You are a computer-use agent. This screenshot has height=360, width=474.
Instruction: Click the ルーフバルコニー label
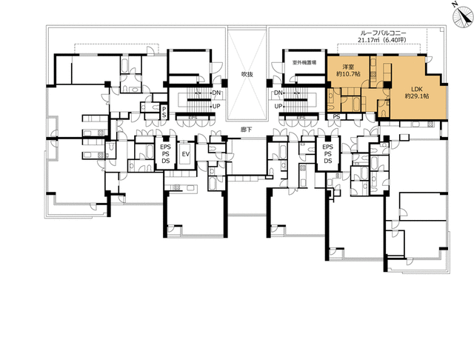coord(384,33)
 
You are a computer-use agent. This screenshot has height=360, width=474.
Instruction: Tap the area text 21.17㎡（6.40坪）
coord(384,41)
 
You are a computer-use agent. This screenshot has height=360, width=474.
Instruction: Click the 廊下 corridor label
coord(247,130)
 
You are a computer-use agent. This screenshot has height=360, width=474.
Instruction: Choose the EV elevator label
coord(186,154)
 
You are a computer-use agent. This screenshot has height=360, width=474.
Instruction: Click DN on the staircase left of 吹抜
coord(217,93)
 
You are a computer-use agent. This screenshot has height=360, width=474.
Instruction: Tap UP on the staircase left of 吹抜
coord(217,106)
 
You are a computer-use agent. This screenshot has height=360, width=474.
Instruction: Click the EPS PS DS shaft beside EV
coord(166,154)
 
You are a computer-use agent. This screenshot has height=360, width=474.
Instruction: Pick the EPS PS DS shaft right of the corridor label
coord(328,154)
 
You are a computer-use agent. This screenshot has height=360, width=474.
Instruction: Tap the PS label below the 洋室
coord(336,117)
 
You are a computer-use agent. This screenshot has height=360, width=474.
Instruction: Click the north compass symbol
coord(455,6)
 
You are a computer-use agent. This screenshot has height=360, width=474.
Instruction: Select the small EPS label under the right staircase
coord(301,118)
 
